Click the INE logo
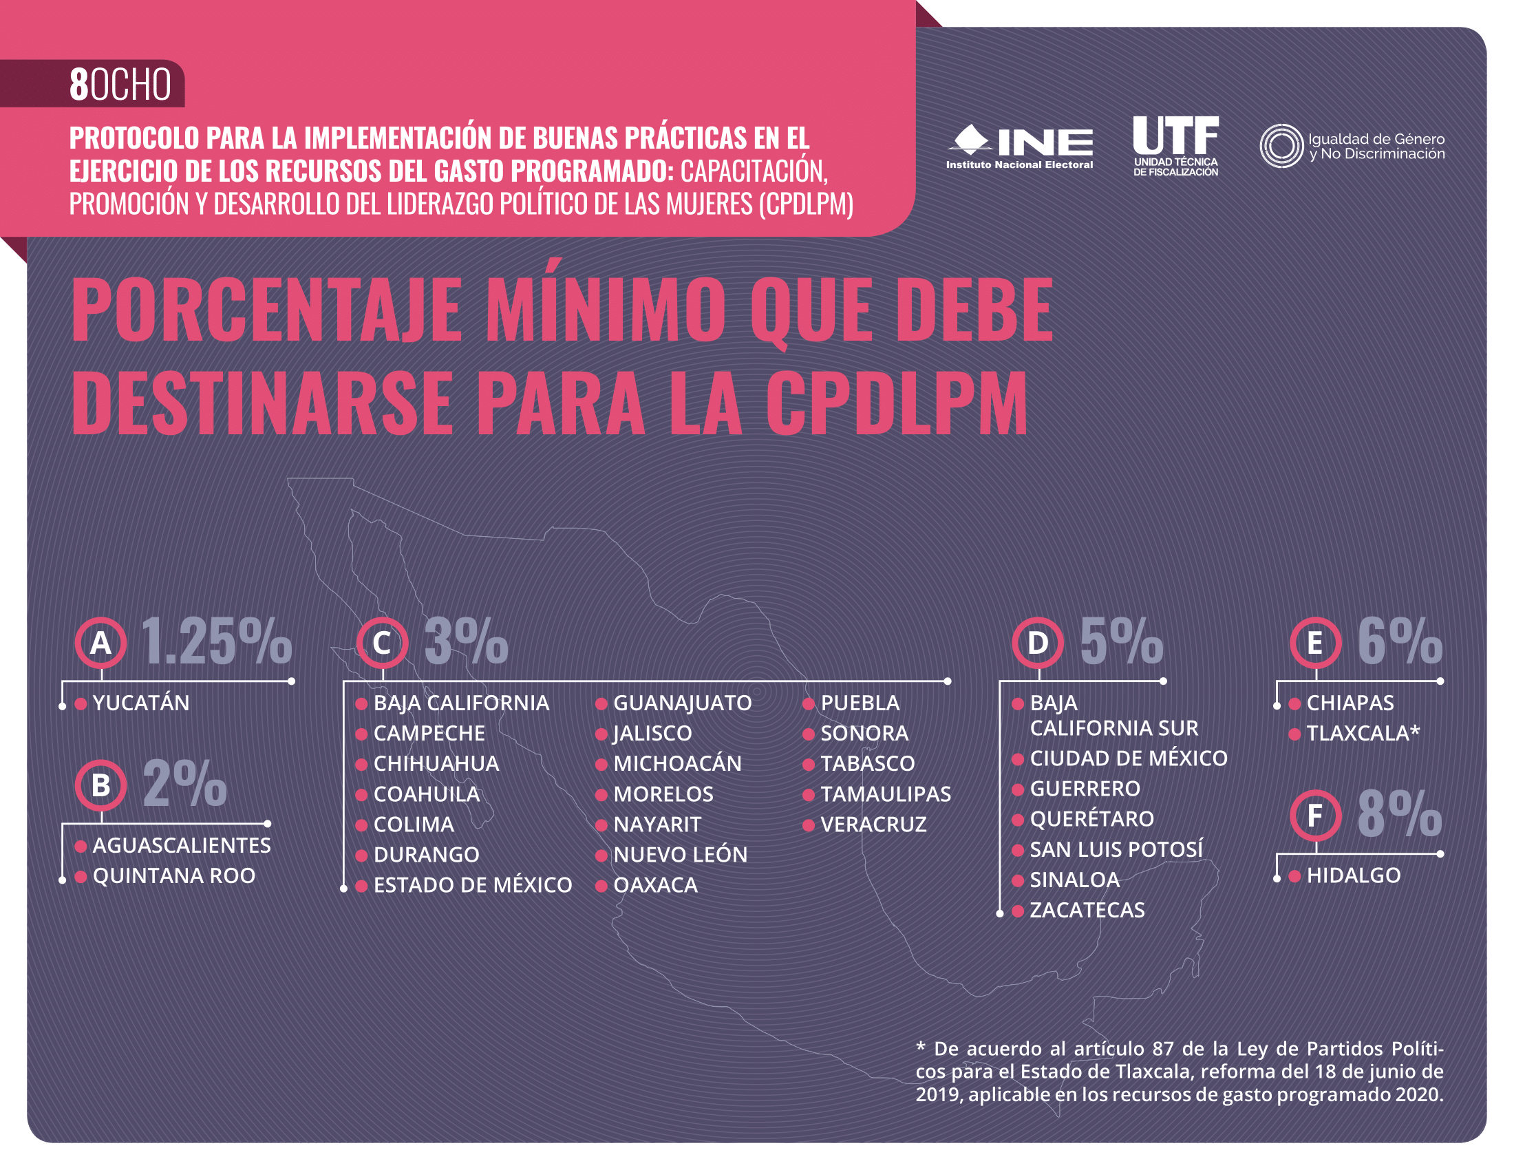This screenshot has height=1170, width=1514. (1019, 145)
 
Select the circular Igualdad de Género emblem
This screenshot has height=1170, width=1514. (1281, 145)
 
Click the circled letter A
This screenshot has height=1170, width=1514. (101, 643)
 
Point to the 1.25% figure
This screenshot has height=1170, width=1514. (216, 643)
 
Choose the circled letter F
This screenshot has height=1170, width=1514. (1315, 815)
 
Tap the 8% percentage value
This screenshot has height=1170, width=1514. (1399, 815)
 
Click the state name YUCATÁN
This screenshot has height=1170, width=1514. (140, 703)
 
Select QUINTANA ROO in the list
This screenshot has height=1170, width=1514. (173, 876)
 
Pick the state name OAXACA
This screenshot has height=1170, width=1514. (655, 885)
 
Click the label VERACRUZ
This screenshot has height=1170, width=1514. (873, 825)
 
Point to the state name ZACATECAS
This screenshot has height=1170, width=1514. (1087, 910)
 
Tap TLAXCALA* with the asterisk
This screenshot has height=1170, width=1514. (1363, 734)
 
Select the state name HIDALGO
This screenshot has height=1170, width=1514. (1353, 876)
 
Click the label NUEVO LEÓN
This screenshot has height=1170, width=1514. (680, 855)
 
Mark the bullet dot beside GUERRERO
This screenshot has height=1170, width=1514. (1018, 789)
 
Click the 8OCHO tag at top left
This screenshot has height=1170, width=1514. (120, 85)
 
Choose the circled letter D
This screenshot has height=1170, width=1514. (1038, 643)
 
